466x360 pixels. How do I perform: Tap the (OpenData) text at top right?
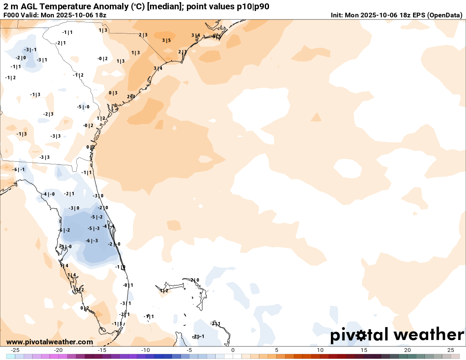pos(444,15)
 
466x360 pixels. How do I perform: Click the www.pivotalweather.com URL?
pos(50,342)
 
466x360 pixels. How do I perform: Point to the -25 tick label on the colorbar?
pos(15,350)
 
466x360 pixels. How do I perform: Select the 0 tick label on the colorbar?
pos(233,350)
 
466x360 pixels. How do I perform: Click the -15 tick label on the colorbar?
pos(102,350)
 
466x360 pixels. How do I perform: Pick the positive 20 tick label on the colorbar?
pos(408,350)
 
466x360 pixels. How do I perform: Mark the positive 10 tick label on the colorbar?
pos(320,350)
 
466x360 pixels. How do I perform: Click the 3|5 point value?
pos(166,41)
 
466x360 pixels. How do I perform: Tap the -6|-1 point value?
pos(18,169)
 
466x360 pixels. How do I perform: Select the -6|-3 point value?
pos(92,241)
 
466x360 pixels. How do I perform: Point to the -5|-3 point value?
pos(94,228)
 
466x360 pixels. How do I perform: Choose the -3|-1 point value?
pos(30,50)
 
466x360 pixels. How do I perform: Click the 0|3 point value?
pos(113,93)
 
